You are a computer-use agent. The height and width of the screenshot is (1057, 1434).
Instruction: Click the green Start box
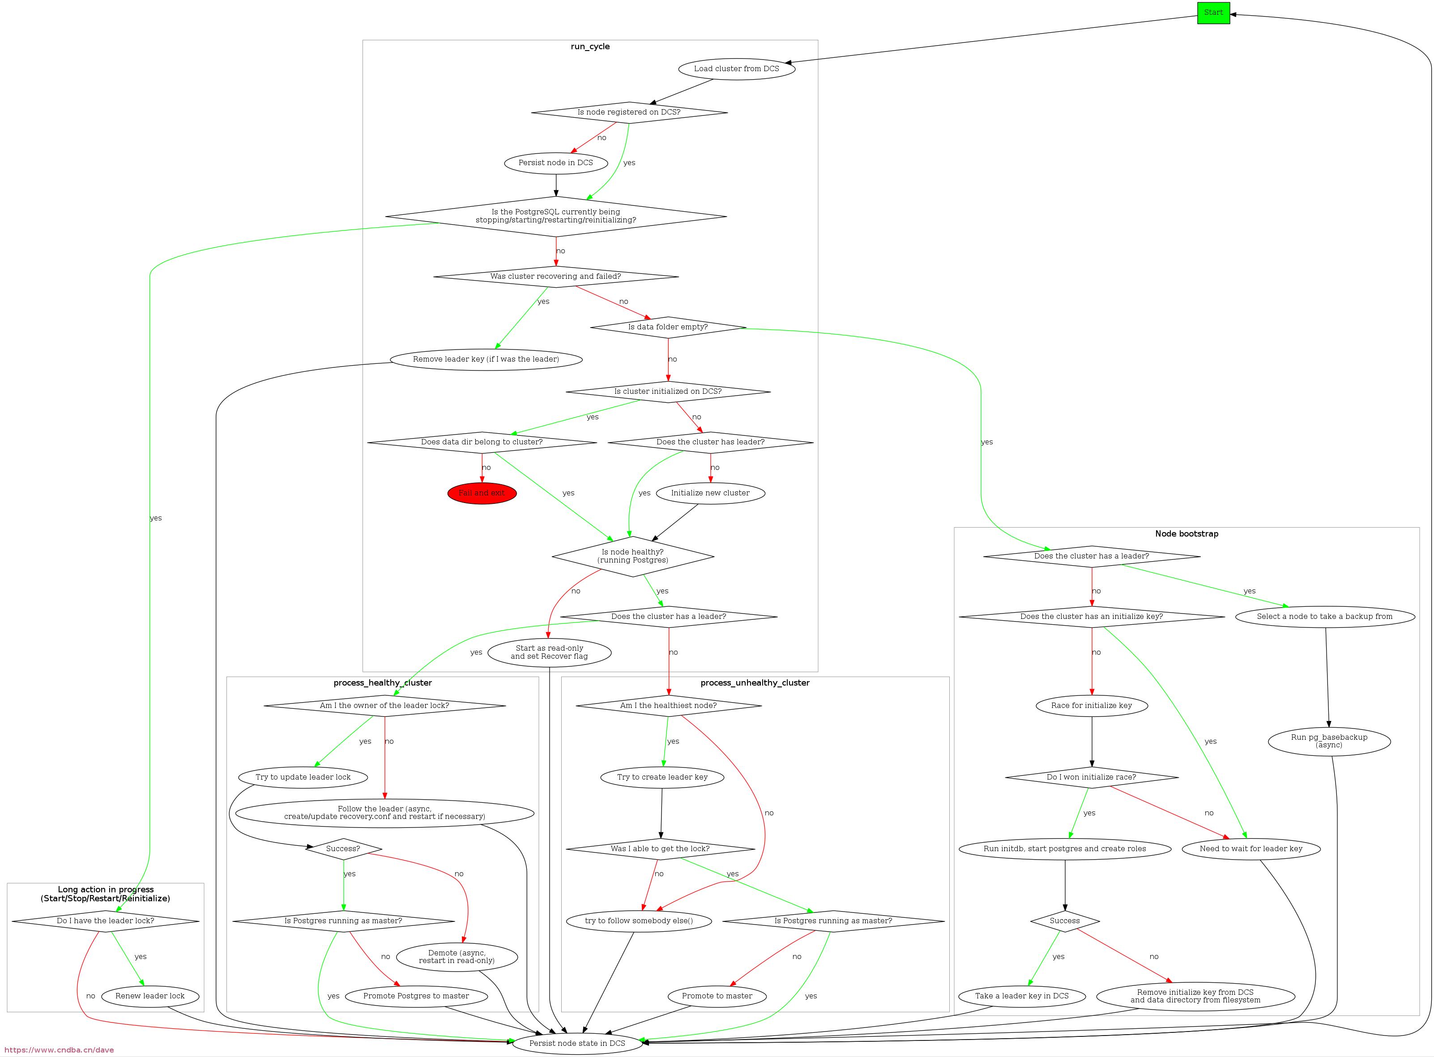coord(1213,13)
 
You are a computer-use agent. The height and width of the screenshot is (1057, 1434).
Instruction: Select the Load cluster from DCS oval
coord(737,68)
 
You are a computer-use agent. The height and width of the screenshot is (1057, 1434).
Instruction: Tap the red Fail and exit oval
coord(482,493)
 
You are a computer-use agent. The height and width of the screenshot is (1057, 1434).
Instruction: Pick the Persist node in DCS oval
coord(555,162)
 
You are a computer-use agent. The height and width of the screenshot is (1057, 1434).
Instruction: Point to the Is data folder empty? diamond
coord(668,327)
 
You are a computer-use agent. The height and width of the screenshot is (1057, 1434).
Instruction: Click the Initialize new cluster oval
coord(710,493)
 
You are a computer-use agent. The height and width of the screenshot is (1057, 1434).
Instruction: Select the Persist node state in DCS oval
coord(577,1043)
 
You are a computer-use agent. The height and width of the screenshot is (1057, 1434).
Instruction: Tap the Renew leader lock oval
coord(150,996)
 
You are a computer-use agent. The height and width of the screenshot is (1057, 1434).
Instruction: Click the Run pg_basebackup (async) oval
coord(1329,741)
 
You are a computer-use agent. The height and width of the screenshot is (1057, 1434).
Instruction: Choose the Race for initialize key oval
coord(1092,706)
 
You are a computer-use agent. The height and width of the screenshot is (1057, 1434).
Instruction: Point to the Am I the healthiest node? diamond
coord(669,706)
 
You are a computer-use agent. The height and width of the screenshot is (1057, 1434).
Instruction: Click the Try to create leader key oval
coord(662,777)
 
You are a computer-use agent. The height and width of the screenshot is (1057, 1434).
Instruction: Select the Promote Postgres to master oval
coord(416,996)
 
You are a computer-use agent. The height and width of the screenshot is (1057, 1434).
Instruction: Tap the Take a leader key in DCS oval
coord(1022,996)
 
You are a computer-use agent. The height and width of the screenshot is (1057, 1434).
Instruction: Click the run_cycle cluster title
coord(590,47)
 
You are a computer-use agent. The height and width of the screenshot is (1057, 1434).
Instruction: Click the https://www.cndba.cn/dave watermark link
coord(57,1050)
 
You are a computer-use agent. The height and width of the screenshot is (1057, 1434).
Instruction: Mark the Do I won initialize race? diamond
coord(1092,777)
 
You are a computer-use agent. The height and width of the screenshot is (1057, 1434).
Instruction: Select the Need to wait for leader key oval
coord(1251,849)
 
